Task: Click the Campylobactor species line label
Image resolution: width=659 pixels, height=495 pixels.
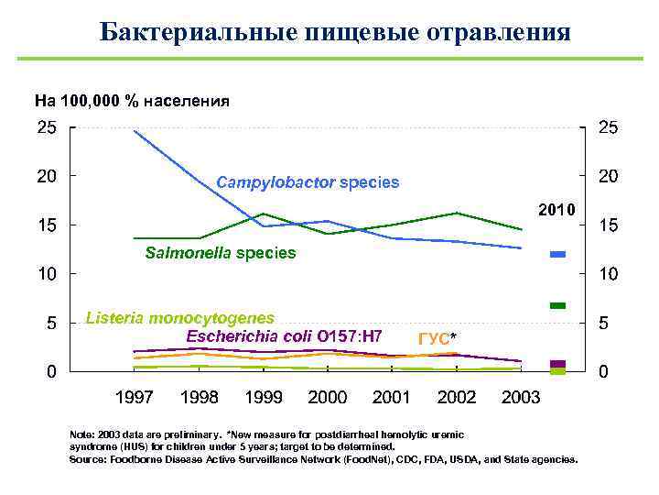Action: tap(308, 182)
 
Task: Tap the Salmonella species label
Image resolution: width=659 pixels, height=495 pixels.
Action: tap(221, 252)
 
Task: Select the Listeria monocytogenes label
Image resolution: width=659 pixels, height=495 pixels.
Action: tap(179, 318)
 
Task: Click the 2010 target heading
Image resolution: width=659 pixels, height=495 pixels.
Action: tap(556, 210)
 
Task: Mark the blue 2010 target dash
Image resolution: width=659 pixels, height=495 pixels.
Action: tap(557, 254)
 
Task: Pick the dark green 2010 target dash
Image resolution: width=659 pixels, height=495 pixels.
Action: tap(557, 305)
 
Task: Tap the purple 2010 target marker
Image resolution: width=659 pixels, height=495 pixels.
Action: tap(557, 364)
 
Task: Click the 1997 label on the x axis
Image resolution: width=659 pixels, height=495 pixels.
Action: tap(135, 398)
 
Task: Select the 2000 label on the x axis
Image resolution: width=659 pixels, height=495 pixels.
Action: tap(328, 398)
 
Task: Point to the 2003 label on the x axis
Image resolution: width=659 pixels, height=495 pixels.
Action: tap(521, 398)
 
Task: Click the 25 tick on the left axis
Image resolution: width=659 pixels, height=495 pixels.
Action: tap(46, 129)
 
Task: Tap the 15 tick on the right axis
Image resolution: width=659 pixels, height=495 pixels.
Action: tap(608, 225)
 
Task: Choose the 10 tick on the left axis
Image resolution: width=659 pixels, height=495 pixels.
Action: tap(46, 274)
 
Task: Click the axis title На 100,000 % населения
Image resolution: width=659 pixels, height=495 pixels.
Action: tap(132, 100)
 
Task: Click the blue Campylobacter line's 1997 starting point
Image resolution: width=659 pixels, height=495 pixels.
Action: tap(135, 131)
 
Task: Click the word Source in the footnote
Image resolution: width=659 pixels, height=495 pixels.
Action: tap(89, 458)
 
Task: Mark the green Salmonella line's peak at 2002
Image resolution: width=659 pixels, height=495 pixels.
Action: tap(456, 213)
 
